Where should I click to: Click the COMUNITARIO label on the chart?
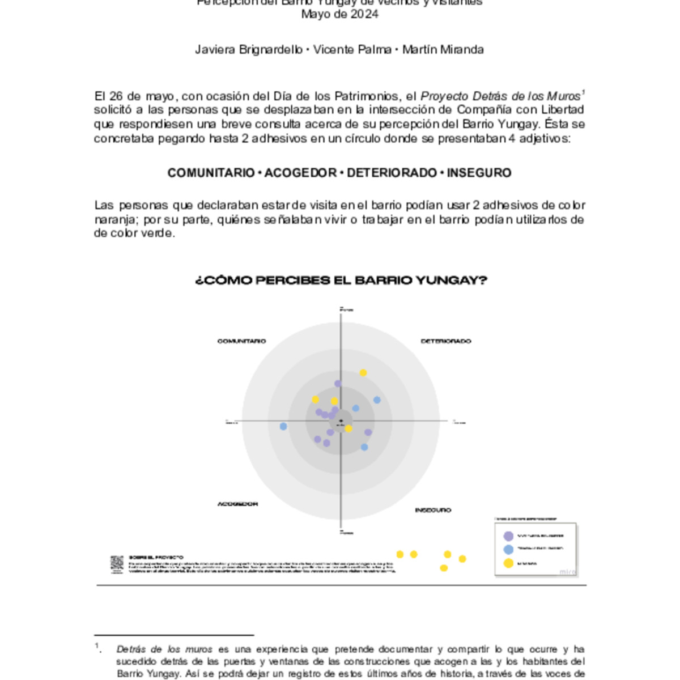point(241,341)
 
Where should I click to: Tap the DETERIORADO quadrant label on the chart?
point(445,341)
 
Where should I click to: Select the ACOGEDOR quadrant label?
point(237,504)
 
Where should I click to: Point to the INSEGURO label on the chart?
point(433,510)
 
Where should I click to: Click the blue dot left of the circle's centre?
point(283,426)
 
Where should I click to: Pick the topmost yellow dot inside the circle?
point(363,372)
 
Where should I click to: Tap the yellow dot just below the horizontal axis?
point(348,428)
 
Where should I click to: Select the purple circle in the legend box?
point(508,536)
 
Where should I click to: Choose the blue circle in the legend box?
point(508,550)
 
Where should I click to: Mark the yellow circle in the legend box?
point(508,563)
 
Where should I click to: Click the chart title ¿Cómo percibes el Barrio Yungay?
point(341,280)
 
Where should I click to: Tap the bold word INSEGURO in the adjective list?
point(479,173)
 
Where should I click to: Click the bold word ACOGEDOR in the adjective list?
point(300,173)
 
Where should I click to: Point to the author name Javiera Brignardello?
point(248,50)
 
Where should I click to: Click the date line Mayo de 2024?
point(339,15)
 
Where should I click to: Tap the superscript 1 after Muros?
point(583,92)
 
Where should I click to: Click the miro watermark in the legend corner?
point(567,572)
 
